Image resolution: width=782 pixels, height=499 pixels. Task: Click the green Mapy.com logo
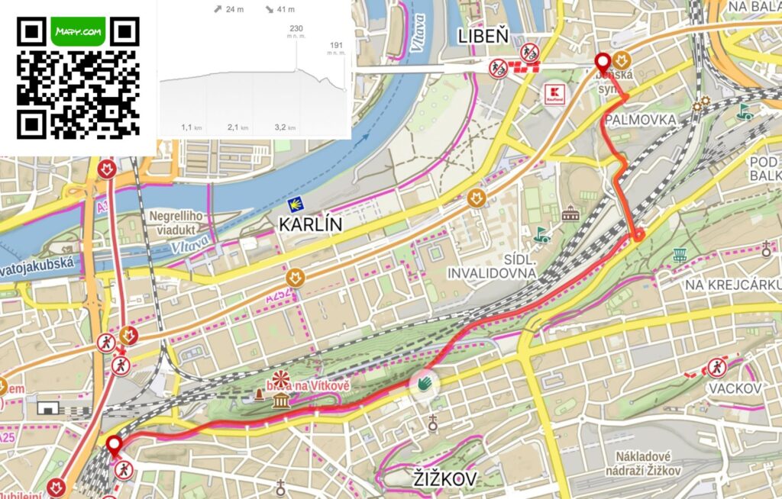(x=78, y=32)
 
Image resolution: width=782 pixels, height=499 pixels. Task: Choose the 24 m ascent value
(x=231, y=10)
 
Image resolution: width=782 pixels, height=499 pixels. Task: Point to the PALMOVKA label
(x=640, y=121)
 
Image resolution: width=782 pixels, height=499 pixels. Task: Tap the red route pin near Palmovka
(x=603, y=62)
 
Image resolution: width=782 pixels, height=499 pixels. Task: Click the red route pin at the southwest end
(x=115, y=445)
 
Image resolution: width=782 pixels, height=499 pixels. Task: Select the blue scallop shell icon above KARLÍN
(x=293, y=205)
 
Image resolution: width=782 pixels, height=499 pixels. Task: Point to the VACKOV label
(x=735, y=389)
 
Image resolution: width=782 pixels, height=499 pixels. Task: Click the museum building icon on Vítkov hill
(x=280, y=401)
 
